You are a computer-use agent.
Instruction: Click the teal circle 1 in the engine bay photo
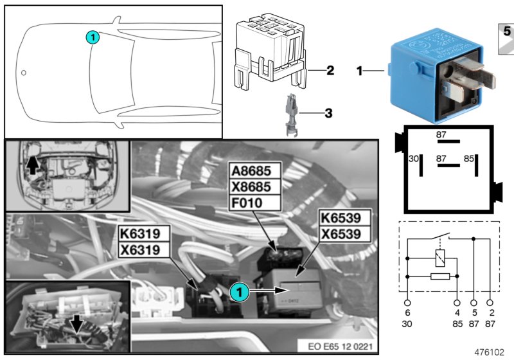(x=238, y=291)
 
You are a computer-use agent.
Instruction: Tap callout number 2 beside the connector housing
(x=330, y=70)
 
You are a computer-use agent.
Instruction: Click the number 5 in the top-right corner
(x=506, y=32)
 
